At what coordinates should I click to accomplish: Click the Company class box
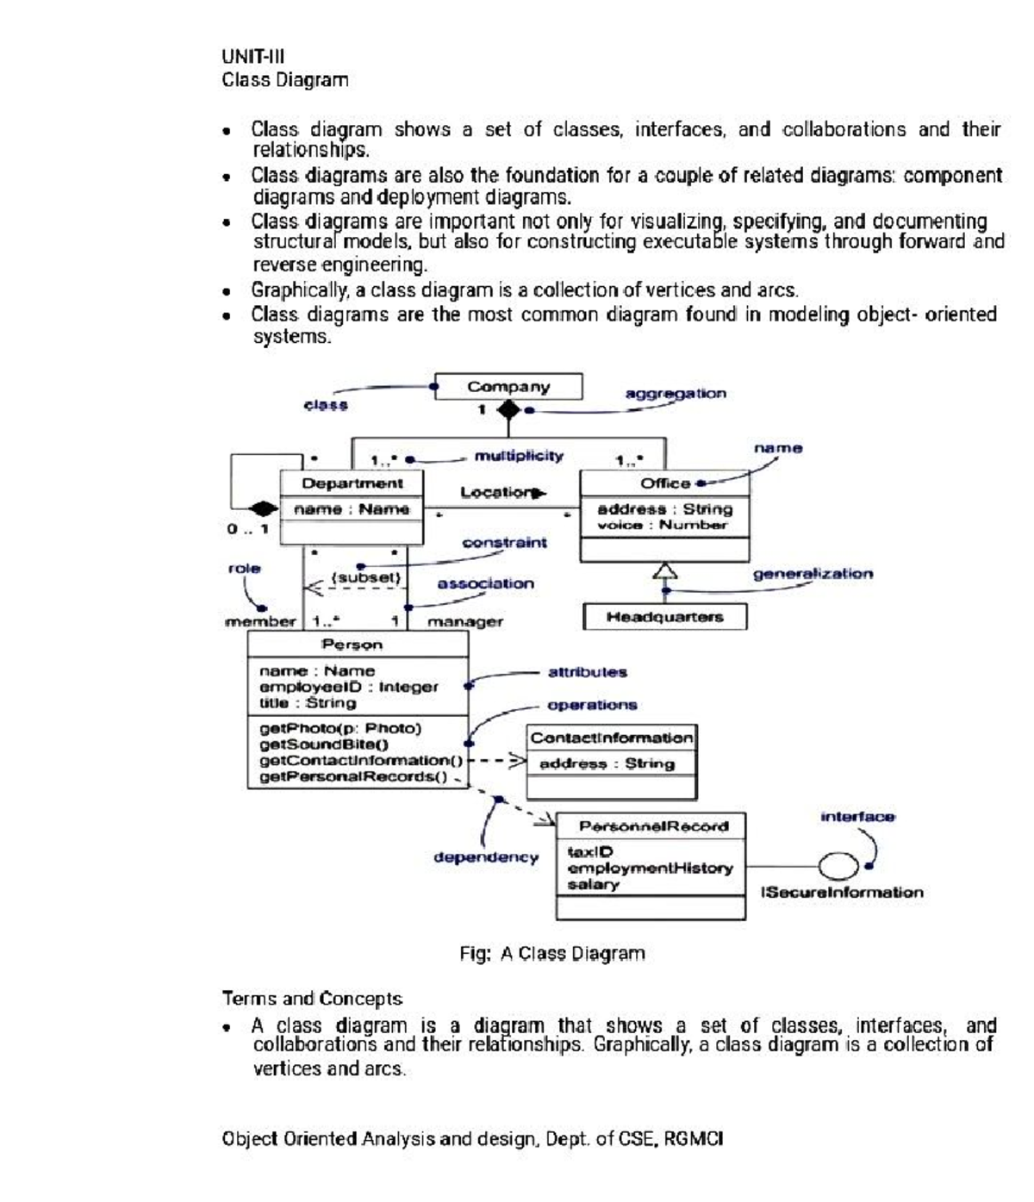pos(508,387)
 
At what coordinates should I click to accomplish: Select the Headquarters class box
pos(664,617)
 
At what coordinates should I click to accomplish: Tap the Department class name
pos(352,483)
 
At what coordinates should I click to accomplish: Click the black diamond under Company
pos(508,410)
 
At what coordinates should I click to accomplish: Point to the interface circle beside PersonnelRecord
pos(838,865)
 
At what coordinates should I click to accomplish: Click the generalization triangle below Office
pos(664,570)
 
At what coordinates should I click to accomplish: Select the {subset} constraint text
pos(366,577)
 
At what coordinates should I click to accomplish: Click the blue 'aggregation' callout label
pos(675,394)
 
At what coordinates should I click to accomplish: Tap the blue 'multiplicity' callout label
pos(519,456)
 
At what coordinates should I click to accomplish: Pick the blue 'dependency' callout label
pos(486,857)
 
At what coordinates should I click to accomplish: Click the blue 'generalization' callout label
pos(812,574)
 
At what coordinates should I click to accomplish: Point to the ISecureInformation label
pos(841,893)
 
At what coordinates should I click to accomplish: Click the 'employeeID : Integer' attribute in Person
pos(348,687)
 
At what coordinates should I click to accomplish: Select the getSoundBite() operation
pos(324,744)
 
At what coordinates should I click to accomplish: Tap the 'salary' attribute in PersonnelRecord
pos(593,885)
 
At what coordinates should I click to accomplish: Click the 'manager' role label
pos(465,622)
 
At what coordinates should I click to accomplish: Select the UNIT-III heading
pos(252,57)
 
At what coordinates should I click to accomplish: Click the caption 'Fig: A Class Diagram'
pos(551,954)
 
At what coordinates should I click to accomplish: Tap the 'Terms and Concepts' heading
pos(312,999)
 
